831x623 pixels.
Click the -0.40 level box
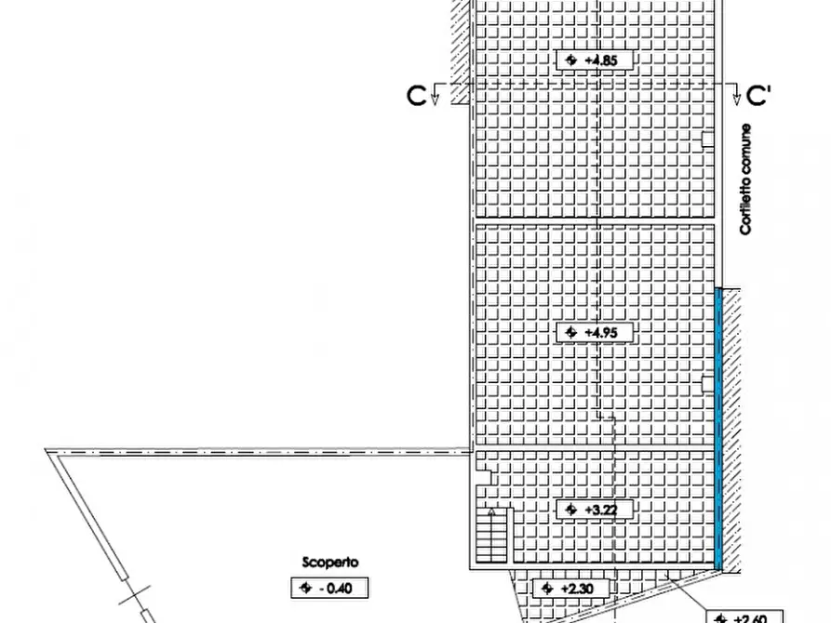click(x=330, y=588)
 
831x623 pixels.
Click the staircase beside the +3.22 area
click(x=493, y=535)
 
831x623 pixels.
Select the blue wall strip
click(x=718, y=428)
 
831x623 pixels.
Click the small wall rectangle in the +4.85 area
click(x=708, y=139)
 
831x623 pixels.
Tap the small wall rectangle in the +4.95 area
click(x=708, y=381)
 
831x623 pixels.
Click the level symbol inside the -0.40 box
click(x=303, y=588)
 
